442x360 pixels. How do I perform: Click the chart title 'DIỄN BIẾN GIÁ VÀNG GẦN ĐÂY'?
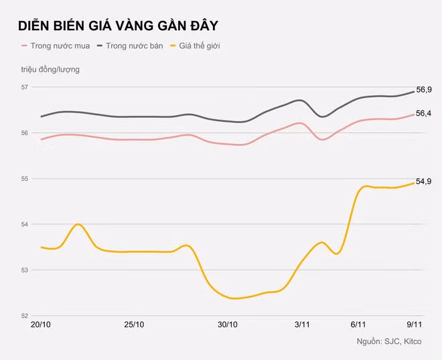tap(117, 25)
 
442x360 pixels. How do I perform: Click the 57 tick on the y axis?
tap(25, 87)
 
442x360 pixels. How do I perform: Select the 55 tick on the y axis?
tap(25, 179)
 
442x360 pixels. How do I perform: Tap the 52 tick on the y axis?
tap(25, 316)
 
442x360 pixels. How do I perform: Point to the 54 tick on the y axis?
tap(25, 224)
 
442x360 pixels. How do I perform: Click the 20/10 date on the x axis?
tap(42, 325)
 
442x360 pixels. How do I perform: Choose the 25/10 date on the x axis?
tap(135, 325)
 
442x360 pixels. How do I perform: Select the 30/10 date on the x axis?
tap(228, 325)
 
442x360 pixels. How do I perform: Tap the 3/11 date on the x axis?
tap(302, 325)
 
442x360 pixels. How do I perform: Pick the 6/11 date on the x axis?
tap(358, 325)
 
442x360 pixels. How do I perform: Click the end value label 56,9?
tap(424, 90)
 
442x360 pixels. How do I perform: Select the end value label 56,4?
tap(424, 114)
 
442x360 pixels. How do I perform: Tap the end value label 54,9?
tap(424, 181)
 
